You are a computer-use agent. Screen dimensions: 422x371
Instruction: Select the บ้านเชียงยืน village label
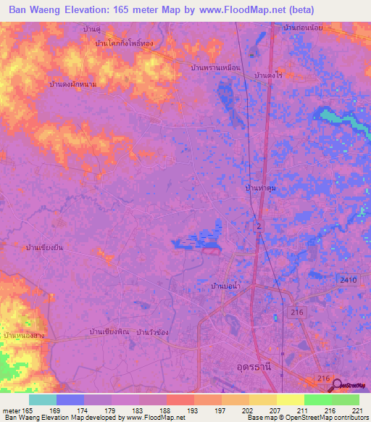[x=44, y=247]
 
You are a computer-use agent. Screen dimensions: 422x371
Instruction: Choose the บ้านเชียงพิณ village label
[x=109, y=331]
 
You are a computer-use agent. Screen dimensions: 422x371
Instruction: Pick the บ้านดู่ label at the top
[x=92, y=28]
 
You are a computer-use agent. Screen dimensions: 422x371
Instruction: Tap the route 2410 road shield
[x=346, y=278]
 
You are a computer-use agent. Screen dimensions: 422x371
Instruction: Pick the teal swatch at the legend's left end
[x=43, y=400]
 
